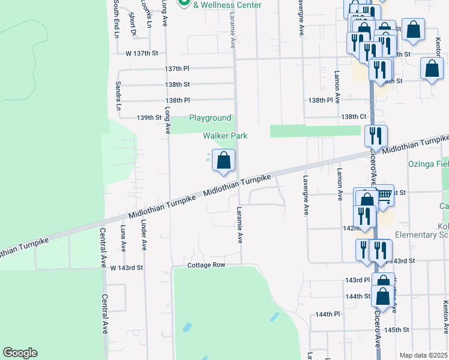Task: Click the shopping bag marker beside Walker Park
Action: click(x=223, y=161)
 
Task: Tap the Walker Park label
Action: click(x=225, y=136)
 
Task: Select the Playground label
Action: click(x=210, y=118)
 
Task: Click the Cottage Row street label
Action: click(x=206, y=265)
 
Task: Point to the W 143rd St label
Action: click(x=127, y=267)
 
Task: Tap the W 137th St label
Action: click(x=142, y=53)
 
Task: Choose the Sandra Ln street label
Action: click(x=118, y=96)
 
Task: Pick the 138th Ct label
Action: click(x=354, y=116)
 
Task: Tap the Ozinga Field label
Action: click(x=429, y=163)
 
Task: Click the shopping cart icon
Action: click(x=384, y=194)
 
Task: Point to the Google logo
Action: click(x=20, y=353)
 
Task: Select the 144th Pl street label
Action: click(x=328, y=314)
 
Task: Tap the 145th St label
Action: click(x=397, y=330)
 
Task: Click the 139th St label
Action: click(x=149, y=117)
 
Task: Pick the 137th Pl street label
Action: click(x=177, y=69)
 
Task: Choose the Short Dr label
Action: click(x=133, y=28)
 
